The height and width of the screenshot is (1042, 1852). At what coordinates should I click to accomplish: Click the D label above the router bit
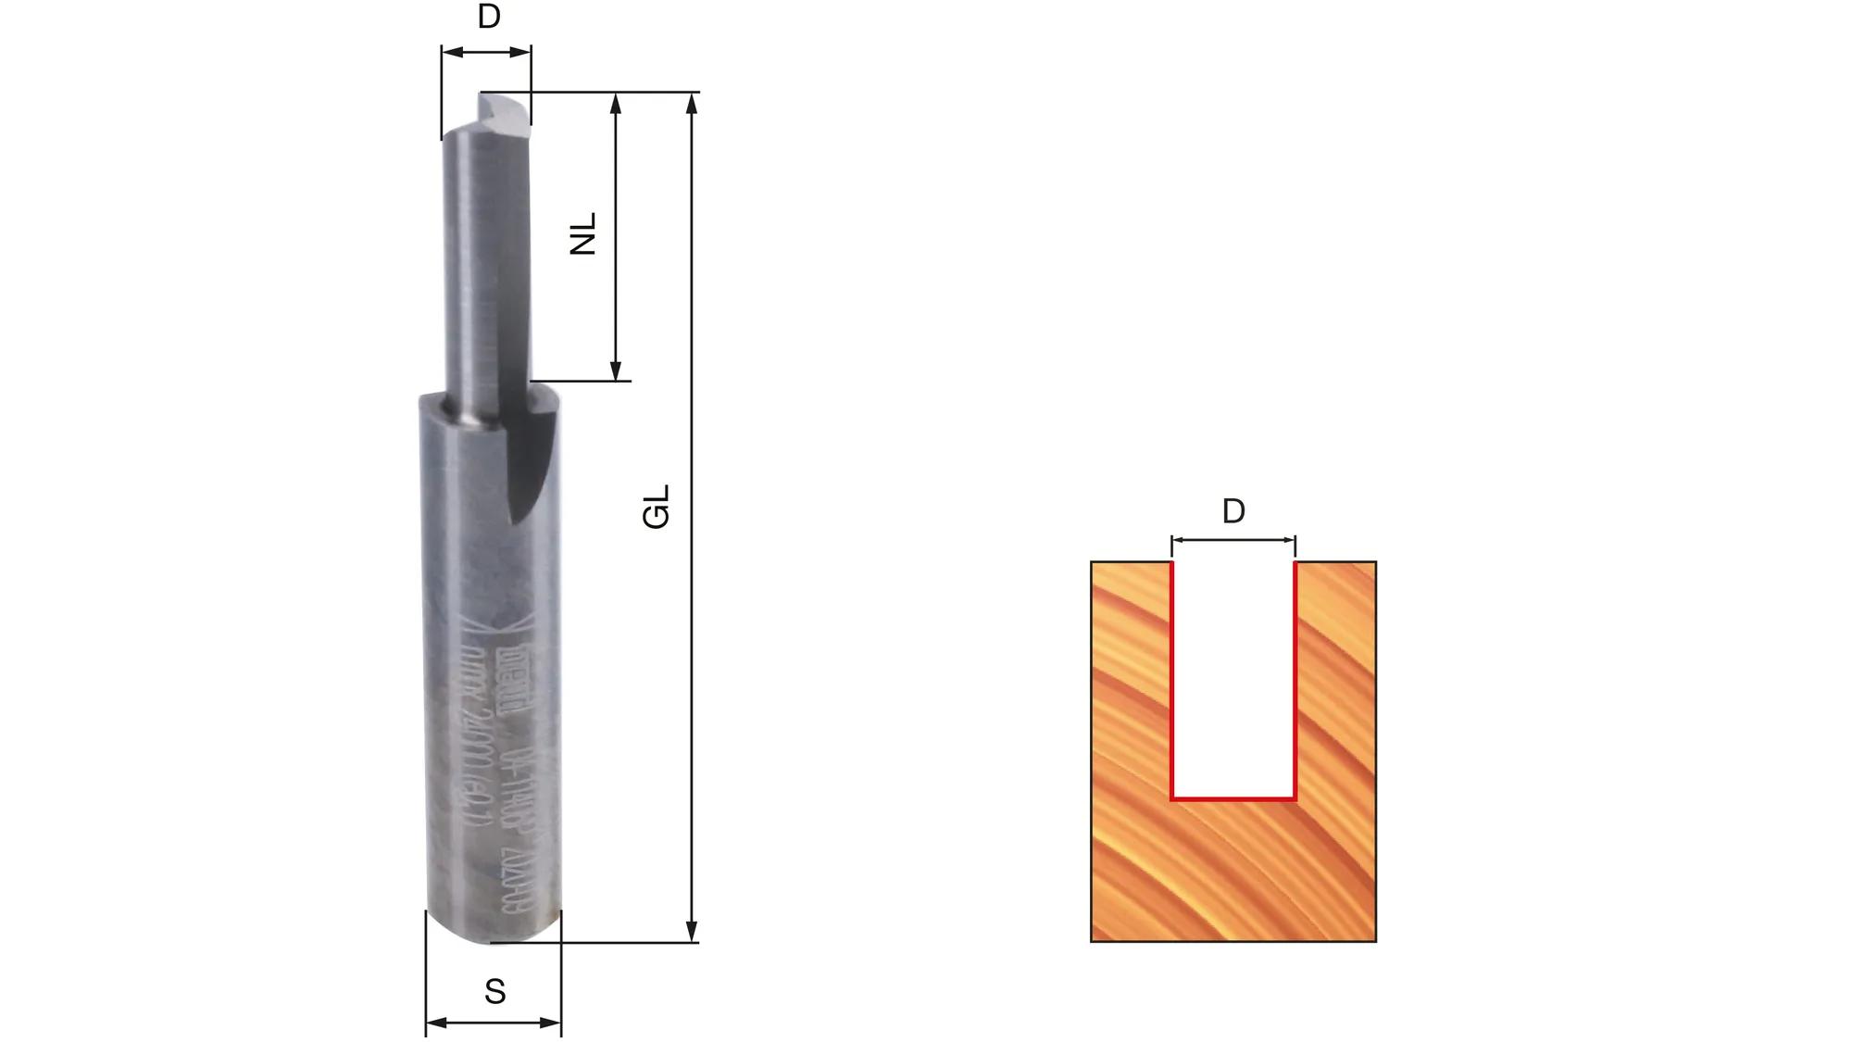[489, 17]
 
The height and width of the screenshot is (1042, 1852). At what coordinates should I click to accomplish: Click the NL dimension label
[583, 233]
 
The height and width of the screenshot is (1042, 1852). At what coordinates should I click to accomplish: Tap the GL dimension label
[657, 507]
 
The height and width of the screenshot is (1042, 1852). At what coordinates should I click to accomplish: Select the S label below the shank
[494, 992]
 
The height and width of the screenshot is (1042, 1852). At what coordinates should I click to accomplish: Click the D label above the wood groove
[1233, 511]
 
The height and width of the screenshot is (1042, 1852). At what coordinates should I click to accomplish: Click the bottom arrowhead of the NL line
[616, 371]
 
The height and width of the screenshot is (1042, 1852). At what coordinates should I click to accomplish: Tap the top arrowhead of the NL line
[616, 102]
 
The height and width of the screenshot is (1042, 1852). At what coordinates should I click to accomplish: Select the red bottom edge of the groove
[1233, 797]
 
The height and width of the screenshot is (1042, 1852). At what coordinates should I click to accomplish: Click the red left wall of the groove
[1172, 681]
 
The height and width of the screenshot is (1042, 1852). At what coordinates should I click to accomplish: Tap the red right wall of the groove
[1295, 681]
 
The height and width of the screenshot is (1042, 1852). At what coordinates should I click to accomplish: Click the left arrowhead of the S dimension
[434, 1023]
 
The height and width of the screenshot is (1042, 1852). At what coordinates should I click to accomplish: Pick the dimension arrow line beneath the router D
[486, 52]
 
